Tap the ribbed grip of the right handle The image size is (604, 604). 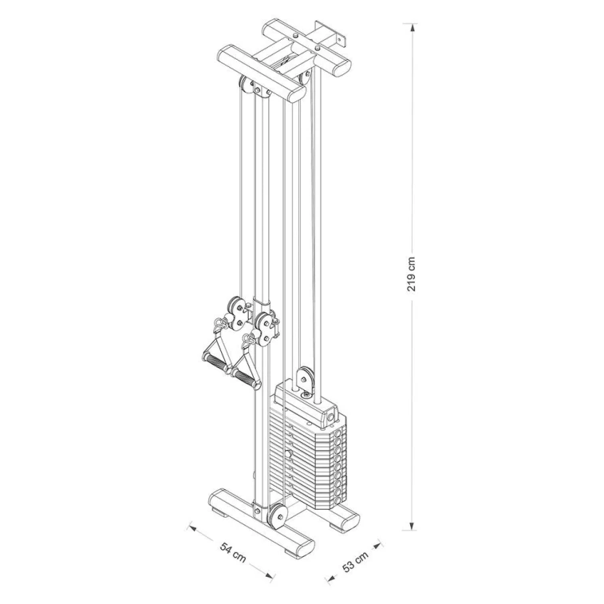[x=246, y=378]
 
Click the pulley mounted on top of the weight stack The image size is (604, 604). [x=305, y=377]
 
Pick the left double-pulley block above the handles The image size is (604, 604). [x=237, y=311]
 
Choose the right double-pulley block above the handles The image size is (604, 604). [x=266, y=327]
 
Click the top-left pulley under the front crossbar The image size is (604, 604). [x=244, y=86]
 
